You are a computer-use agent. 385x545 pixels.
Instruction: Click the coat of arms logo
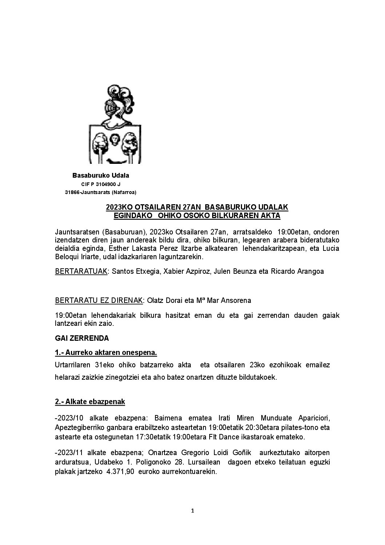point(115,124)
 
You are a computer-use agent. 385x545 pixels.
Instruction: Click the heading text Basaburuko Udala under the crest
point(100,175)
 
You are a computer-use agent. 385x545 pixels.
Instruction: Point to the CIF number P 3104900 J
point(103,185)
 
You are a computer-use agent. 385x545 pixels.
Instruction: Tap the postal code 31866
point(72,192)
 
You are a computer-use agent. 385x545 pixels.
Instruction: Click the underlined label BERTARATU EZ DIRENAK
point(98,301)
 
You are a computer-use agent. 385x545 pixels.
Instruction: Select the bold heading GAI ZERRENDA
point(82,338)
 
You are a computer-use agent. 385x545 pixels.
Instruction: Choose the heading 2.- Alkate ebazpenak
point(90,402)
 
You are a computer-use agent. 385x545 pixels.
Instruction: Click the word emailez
point(317,365)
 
